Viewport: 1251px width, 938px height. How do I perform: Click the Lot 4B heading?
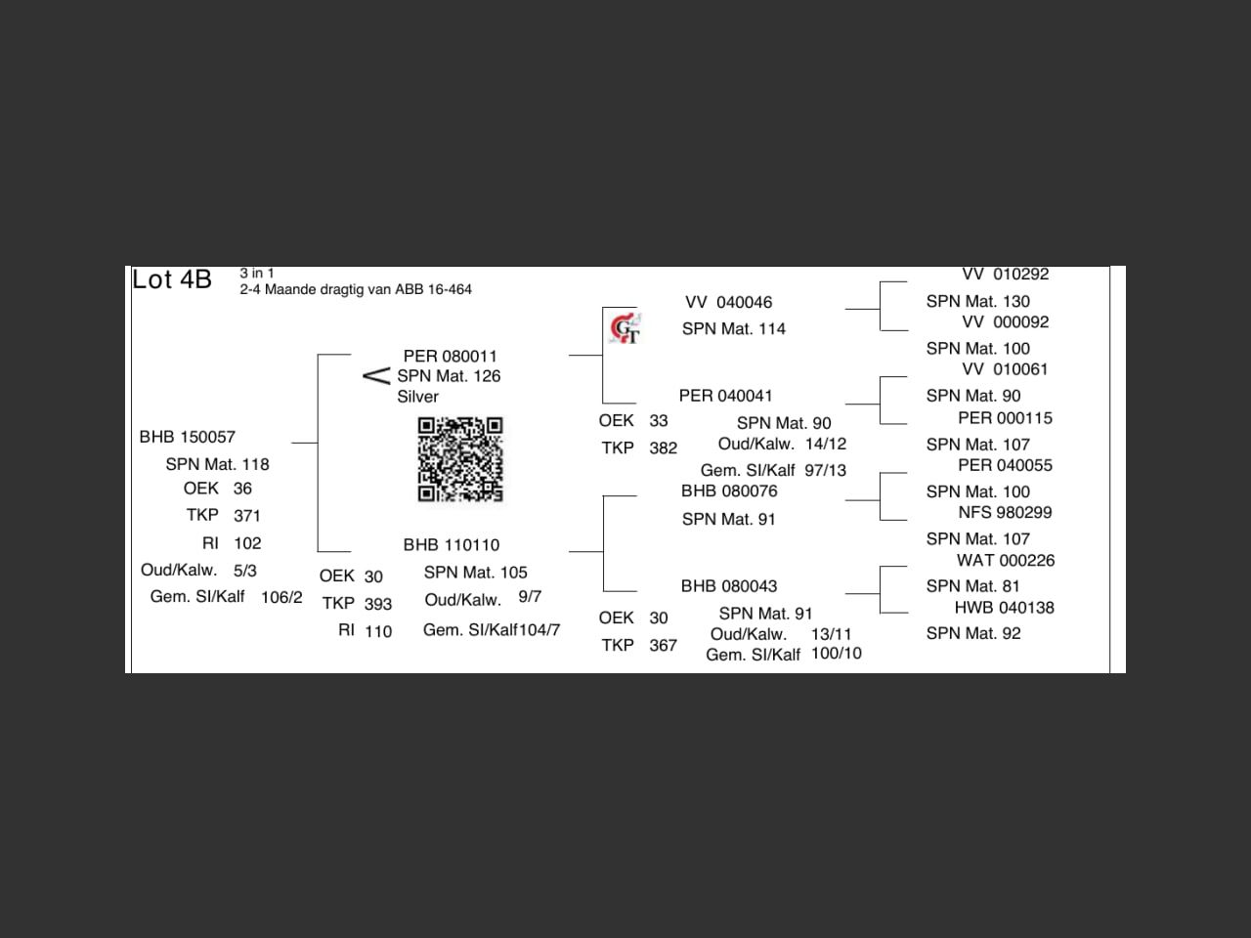[x=172, y=279]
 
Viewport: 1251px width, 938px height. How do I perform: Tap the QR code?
[x=460, y=459]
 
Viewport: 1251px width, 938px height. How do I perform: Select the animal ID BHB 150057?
[x=188, y=437]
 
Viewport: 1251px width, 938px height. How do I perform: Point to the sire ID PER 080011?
[x=450, y=356]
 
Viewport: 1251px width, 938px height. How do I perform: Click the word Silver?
[x=417, y=397]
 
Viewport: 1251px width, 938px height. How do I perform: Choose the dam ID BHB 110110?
[x=451, y=545]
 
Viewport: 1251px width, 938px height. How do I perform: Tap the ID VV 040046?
[x=728, y=303]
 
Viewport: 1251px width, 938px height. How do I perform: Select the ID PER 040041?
[x=725, y=396]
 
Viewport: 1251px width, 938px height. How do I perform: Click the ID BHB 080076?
[x=729, y=490]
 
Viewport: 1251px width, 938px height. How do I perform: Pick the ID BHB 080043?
[x=729, y=586]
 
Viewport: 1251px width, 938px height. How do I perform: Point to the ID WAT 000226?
[x=1005, y=561]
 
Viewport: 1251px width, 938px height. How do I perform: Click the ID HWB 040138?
[x=1004, y=608]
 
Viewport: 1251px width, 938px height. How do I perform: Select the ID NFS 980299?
[x=1005, y=512]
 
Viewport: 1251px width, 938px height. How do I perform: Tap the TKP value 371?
[x=247, y=516]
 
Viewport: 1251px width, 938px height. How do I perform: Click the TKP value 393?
[x=378, y=604]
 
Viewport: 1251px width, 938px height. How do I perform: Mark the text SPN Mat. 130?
[x=977, y=302]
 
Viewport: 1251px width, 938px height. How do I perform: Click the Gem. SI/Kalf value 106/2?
[x=281, y=597]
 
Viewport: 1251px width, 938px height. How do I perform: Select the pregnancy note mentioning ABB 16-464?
[x=356, y=289]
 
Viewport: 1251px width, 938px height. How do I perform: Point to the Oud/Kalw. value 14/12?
[x=826, y=444]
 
